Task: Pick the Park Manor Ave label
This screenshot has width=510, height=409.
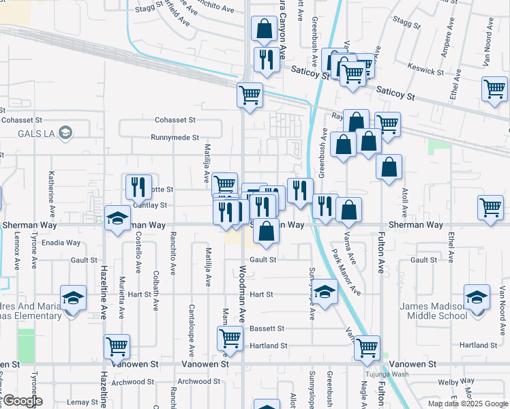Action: (x=346, y=271)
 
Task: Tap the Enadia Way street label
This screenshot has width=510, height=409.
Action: (x=61, y=242)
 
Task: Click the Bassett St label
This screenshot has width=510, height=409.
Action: (x=267, y=329)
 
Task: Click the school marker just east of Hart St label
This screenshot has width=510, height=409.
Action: (x=325, y=294)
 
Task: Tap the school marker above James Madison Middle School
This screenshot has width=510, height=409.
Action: (x=477, y=297)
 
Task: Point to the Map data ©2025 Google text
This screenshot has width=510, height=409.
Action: (x=468, y=404)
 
